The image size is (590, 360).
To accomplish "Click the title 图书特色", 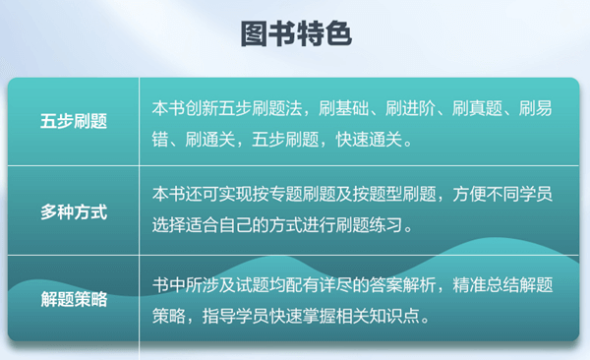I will coord(295,32).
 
